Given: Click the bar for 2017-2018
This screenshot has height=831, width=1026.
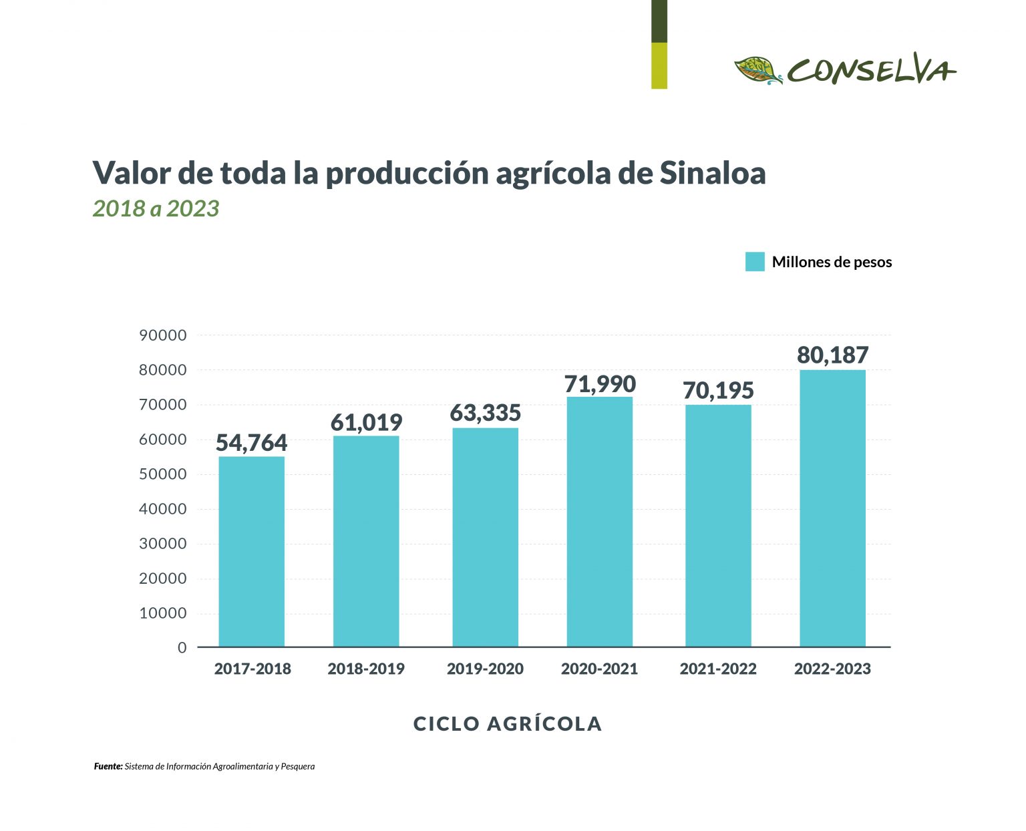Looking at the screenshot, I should click(x=251, y=551).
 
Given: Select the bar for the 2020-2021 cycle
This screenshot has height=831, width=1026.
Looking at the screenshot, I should click(x=599, y=522).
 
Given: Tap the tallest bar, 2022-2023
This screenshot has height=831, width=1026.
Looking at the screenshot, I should click(x=832, y=508).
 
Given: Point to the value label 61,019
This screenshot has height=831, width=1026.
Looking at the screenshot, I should click(x=366, y=422).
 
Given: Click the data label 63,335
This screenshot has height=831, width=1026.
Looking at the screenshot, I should click(x=485, y=413).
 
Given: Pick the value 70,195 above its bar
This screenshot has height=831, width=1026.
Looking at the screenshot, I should click(x=718, y=390).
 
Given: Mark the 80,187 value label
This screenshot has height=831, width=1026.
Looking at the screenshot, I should click(x=832, y=355).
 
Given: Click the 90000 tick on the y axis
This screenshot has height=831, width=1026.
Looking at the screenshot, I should click(x=162, y=335).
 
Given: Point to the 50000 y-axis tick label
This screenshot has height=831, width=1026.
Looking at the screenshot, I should click(x=162, y=474).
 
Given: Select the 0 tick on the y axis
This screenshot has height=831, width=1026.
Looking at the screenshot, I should click(x=182, y=648).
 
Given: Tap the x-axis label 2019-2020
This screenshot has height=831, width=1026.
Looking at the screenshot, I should click(x=485, y=669).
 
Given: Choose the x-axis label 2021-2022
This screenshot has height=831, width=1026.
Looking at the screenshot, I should click(x=718, y=669).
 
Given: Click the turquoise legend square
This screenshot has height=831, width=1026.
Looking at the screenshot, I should click(x=755, y=262).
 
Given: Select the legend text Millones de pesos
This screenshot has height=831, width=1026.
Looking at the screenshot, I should click(x=832, y=262).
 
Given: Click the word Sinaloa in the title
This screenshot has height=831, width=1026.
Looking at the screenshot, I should click(x=712, y=173).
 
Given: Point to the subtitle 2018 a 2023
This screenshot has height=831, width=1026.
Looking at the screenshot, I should click(x=156, y=208).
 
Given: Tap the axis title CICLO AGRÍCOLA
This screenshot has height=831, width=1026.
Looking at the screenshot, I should click(x=508, y=723).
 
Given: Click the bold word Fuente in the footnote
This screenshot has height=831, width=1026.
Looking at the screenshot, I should click(x=108, y=766).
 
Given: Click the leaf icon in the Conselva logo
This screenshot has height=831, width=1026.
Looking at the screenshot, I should click(x=758, y=70).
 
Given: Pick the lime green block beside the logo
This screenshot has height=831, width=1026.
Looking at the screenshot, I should click(x=659, y=65).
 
